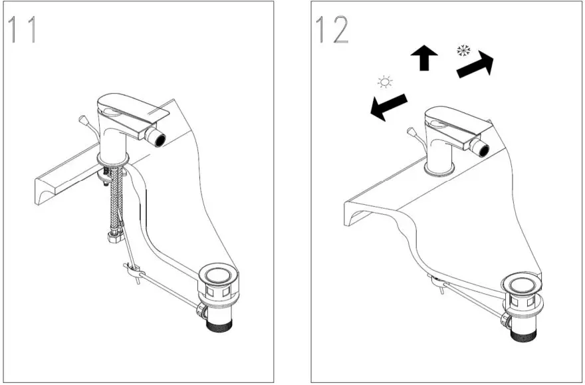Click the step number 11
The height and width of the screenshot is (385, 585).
pos(23,31)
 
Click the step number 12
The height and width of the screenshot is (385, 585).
pos(332,31)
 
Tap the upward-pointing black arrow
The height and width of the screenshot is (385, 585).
pos(424,59)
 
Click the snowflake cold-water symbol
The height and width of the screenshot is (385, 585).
pos(463,51)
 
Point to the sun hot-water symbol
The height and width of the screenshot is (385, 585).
pos(384,82)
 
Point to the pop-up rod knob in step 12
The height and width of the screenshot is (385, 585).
pos(411,132)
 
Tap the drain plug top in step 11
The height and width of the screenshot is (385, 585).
pos(217,275)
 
